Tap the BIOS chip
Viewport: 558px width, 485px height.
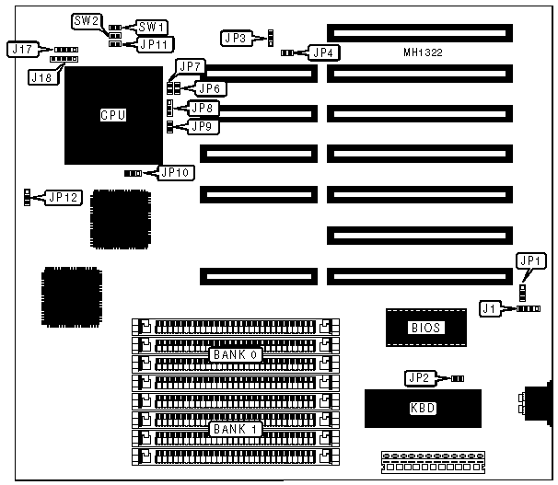[x=421, y=327]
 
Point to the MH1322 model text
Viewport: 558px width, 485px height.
[x=424, y=53]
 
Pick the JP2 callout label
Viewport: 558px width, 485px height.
[x=419, y=377]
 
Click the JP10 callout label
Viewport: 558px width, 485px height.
[x=173, y=171]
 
